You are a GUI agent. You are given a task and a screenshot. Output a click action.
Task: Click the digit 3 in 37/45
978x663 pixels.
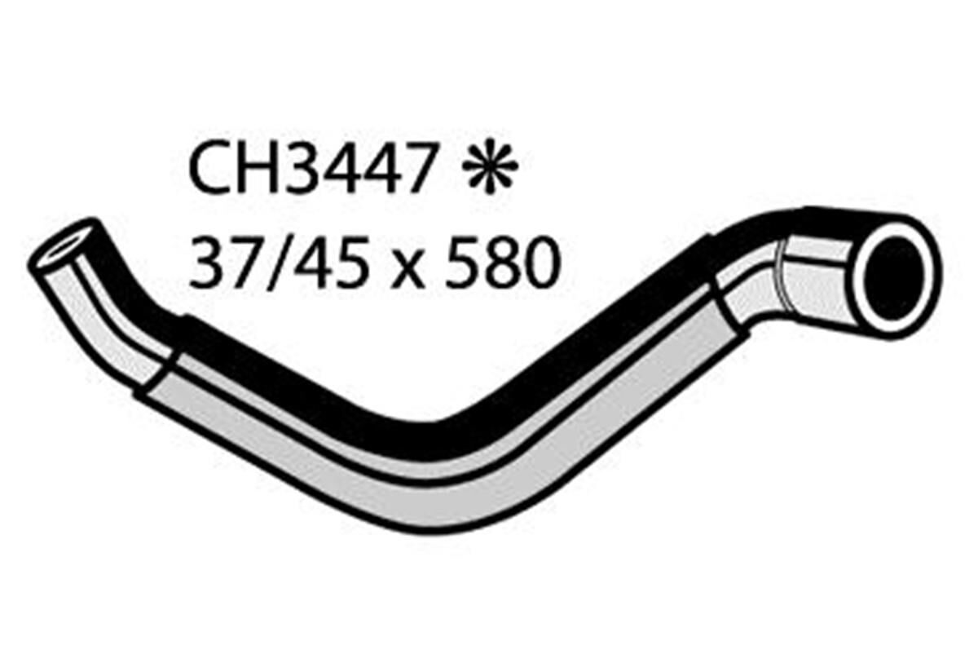click(206, 263)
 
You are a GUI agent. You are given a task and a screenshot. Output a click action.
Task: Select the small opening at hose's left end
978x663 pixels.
click(62, 244)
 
